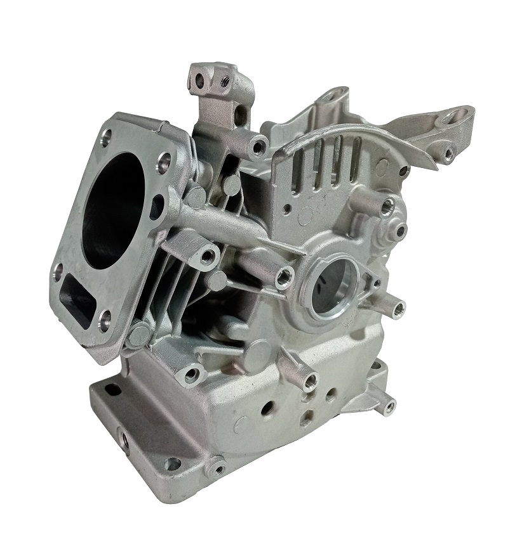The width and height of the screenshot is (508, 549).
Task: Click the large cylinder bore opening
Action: [114, 209]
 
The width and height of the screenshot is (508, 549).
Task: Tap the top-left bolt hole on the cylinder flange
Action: [105, 134]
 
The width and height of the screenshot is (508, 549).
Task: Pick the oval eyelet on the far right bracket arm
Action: [457, 117]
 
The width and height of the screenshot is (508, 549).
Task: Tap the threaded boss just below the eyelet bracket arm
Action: [448, 153]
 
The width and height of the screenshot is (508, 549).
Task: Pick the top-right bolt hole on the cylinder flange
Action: [164, 160]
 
